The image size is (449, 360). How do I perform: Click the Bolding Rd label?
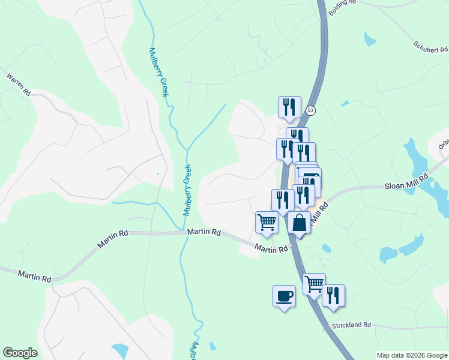(x=342, y=3)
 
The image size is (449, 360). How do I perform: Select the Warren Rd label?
(x=18, y=85)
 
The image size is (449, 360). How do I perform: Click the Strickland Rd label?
(x=352, y=325)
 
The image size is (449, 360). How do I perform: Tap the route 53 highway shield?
(x=310, y=110)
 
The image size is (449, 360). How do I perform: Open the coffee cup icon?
(x=284, y=296)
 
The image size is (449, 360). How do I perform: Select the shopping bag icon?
(x=299, y=223)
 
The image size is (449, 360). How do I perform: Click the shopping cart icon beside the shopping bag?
(x=267, y=223)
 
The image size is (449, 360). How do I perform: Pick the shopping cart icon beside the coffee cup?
(x=314, y=284)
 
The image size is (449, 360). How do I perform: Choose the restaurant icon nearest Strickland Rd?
(x=333, y=296)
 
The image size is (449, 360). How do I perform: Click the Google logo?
(x=20, y=353)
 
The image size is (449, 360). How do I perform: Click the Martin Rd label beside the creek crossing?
(x=203, y=232)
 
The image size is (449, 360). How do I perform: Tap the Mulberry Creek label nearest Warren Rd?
(x=158, y=72)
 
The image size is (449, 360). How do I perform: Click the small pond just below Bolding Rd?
(x=370, y=39)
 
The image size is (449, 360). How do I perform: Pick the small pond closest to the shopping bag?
(x=326, y=248)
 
